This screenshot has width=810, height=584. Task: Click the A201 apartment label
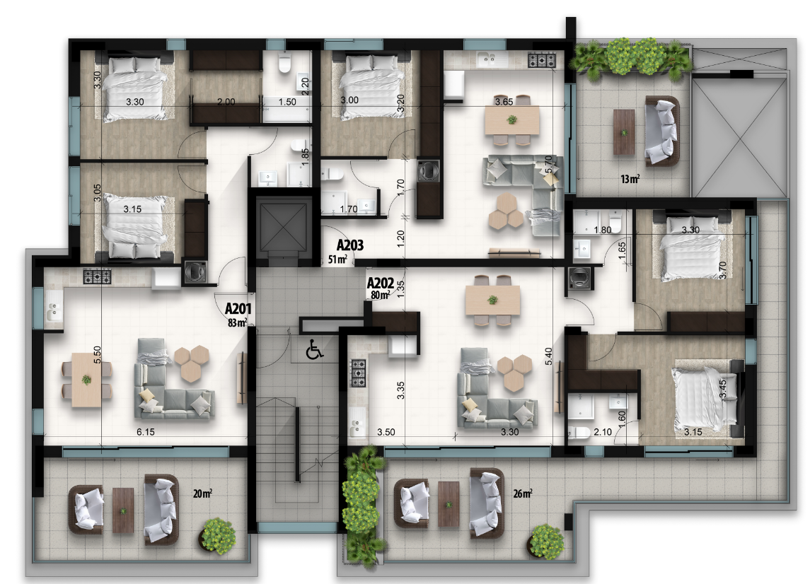click(x=238, y=309)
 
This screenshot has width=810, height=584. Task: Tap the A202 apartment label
click(x=381, y=283)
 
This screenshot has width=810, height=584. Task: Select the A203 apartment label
click(x=349, y=245)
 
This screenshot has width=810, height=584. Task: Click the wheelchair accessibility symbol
click(x=314, y=349)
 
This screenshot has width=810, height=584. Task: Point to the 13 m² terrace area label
click(x=630, y=179)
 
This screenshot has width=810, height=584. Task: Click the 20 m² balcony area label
click(x=202, y=494)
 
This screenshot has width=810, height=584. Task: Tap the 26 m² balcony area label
click(x=523, y=494)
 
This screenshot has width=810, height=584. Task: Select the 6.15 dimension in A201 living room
click(x=146, y=432)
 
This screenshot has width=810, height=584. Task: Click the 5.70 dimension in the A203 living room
click(x=549, y=164)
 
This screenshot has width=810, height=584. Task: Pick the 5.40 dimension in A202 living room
click(x=549, y=356)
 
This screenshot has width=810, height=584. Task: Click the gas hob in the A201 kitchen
click(x=97, y=276)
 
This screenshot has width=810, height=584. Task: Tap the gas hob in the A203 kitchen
click(x=541, y=60)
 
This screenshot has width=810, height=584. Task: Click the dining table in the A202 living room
click(x=493, y=300)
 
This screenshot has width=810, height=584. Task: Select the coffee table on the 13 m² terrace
click(x=624, y=132)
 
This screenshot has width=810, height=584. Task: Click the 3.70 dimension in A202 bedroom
click(x=723, y=270)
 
